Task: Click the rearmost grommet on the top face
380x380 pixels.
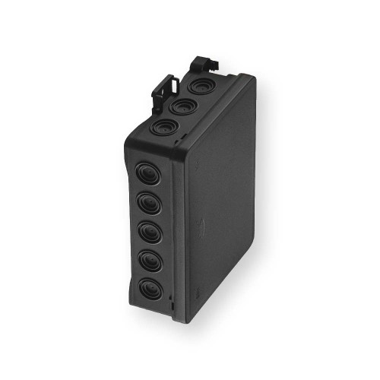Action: [x=201, y=86]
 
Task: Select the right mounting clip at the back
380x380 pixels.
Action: [x=202, y=63]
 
